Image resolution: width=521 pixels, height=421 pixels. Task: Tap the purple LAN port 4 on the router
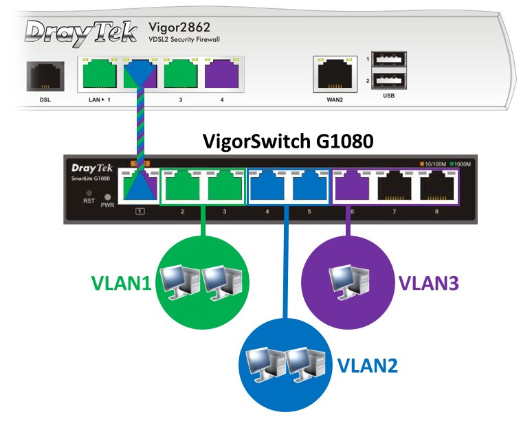click(221, 73)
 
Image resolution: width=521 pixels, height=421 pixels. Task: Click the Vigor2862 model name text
click(179, 27)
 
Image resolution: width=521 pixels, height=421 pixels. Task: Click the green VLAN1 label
click(121, 282)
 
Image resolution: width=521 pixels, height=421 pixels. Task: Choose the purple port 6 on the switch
click(352, 187)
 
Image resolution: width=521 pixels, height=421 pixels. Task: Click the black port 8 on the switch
click(436, 187)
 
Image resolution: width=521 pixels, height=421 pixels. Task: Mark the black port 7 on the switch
click(395, 187)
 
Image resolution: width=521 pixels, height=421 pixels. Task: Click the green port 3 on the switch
click(225, 187)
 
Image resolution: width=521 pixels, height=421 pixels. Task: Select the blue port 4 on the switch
click(267, 187)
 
